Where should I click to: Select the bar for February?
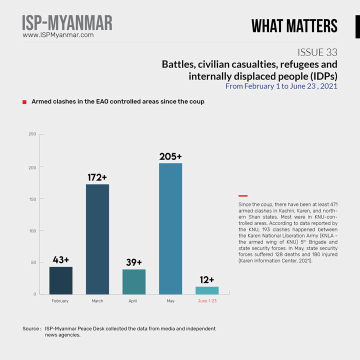(60, 280)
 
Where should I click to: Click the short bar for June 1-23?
(207, 290)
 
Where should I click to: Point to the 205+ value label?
(170, 156)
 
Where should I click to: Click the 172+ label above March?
(97, 177)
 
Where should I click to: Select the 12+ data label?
(207, 279)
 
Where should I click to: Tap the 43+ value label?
(60, 260)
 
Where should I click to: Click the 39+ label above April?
(134, 262)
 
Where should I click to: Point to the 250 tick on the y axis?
(32, 134)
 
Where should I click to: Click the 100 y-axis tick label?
(32, 230)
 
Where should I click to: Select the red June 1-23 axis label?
(207, 301)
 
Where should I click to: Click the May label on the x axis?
(170, 301)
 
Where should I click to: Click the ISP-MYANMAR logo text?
(67, 23)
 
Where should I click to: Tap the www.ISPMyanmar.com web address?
(58, 35)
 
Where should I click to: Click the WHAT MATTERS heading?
(294, 26)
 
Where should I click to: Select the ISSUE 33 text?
(317, 52)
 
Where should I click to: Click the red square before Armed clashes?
(24, 102)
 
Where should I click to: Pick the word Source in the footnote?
(31, 329)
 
